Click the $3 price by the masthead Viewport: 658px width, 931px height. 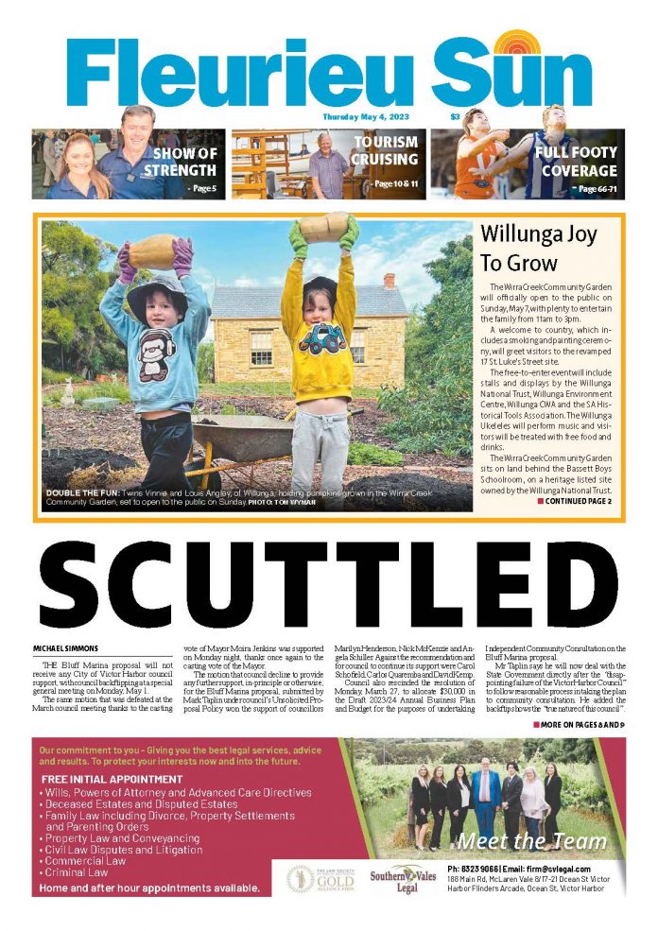455,117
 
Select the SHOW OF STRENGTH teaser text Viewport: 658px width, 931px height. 184,163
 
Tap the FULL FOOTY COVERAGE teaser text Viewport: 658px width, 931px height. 575,162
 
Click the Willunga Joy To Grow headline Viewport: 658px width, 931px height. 531,249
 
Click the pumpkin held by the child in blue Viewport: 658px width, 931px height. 152,250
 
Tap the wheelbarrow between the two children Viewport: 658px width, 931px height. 236,440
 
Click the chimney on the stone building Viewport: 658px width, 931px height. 389,281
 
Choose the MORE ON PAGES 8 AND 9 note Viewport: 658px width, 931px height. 579,724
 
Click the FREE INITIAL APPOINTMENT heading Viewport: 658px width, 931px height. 113,779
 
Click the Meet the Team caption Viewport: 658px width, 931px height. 531,841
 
